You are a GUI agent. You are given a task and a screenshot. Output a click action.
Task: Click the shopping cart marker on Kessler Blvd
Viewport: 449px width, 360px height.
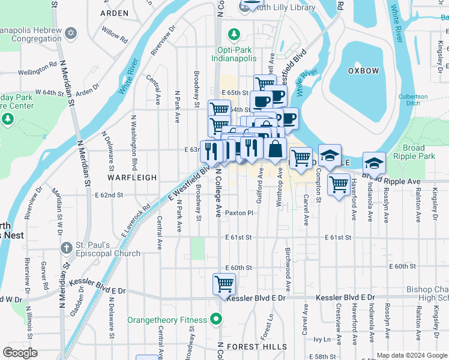[224, 284]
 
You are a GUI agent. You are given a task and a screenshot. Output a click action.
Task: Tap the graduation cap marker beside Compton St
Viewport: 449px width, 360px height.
[330, 155]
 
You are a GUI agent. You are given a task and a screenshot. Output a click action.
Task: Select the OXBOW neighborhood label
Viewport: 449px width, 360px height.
[364, 71]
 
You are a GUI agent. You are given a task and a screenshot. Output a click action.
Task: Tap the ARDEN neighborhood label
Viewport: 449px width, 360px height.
[114, 13]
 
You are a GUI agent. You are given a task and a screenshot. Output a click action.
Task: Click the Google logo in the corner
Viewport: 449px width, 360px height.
[20, 353]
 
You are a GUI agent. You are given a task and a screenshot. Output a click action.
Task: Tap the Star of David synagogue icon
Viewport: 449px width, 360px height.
[71, 32]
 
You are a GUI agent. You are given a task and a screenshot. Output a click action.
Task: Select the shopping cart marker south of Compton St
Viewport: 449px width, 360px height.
[339, 185]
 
